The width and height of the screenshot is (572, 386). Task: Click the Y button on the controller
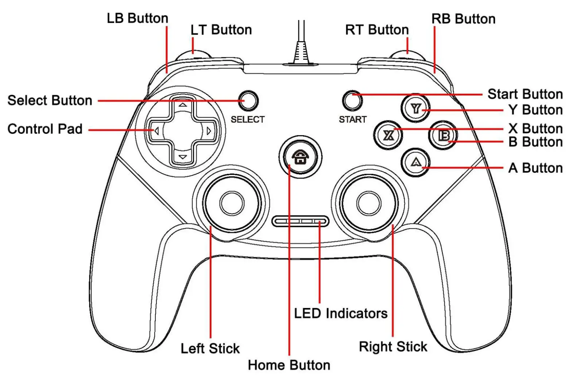(x=416, y=108)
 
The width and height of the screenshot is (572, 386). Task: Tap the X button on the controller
(x=389, y=135)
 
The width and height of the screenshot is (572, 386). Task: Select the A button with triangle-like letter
(x=415, y=162)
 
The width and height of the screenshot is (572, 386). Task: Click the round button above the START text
(x=353, y=100)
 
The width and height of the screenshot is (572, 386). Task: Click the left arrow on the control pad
(x=156, y=131)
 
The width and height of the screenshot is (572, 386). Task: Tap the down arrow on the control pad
(x=183, y=157)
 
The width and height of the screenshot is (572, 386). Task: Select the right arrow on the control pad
(x=209, y=131)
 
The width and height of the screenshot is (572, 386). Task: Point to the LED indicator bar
(x=300, y=221)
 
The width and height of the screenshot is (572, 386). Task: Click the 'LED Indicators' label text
(x=341, y=313)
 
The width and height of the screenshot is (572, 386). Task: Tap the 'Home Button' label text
(x=289, y=365)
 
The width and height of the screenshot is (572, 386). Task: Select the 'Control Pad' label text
(x=45, y=129)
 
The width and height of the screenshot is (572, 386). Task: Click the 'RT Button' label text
(x=377, y=30)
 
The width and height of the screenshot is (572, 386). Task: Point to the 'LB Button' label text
(x=138, y=18)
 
